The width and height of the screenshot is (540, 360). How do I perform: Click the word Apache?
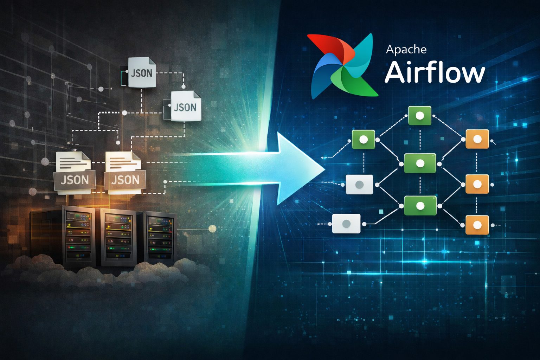click(x=406, y=50)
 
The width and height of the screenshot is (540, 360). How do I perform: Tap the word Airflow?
click(x=435, y=72)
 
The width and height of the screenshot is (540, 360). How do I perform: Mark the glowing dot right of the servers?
click(x=212, y=229)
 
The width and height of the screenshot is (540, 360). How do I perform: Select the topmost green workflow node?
click(x=419, y=115)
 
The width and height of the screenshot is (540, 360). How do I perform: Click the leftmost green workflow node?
click(x=364, y=139)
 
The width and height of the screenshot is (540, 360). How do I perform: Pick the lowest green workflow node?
click(x=420, y=206)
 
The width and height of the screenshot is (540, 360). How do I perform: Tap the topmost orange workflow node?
click(x=477, y=139)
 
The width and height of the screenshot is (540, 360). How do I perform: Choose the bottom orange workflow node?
click(x=477, y=225)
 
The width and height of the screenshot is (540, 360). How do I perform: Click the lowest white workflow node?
click(x=346, y=224)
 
